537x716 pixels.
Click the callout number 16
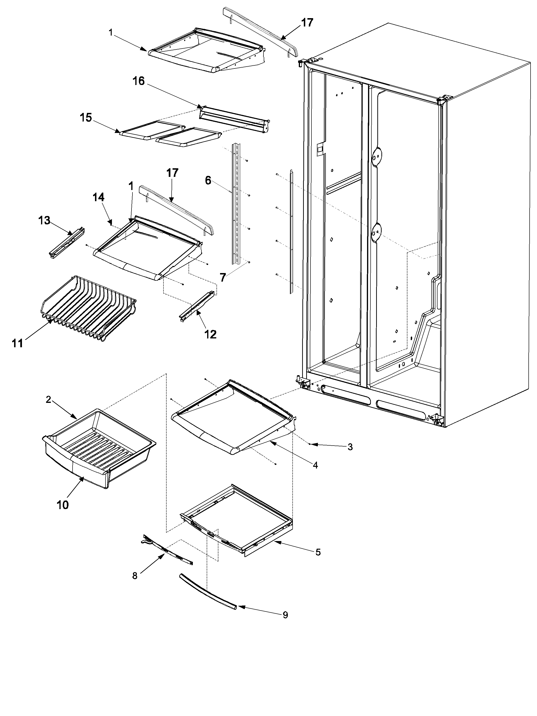[138, 81]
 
